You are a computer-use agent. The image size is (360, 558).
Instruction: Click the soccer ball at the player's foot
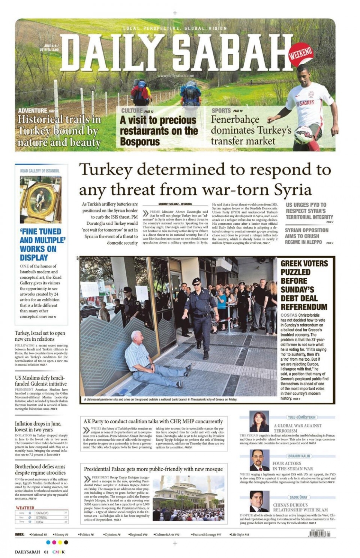pyautogui.click(x=304, y=133)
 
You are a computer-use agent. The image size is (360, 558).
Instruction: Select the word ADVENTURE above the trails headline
pyautogui.click(x=33, y=111)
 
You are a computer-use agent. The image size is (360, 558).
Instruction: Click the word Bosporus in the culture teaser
pyautogui.click(x=140, y=142)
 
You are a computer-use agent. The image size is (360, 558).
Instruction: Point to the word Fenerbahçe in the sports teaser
pyautogui.click(x=235, y=120)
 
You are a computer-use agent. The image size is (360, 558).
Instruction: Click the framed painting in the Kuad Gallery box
pyautogui.click(x=40, y=200)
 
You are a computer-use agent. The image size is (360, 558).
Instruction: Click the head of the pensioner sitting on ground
pyautogui.click(x=136, y=336)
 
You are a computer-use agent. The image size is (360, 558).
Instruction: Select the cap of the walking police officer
pyautogui.click(x=196, y=281)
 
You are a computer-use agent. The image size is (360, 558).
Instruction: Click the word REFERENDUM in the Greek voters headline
pyautogui.click(x=304, y=307)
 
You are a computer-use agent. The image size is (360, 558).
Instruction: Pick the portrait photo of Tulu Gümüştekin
pyautogui.click(x=259, y=421)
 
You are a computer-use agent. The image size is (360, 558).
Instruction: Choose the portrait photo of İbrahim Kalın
pyautogui.click(x=259, y=460)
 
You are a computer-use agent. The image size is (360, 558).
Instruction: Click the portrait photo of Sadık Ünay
pyautogui.click(x=259, y=501)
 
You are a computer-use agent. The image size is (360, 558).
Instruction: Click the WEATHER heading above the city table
pyautogui.click(x=25, y=508)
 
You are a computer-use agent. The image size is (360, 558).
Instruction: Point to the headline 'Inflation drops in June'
pyautogui.click(x=38, y=427)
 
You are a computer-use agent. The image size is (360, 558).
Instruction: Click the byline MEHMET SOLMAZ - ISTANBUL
pyautogui.click(x=175, y=204)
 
